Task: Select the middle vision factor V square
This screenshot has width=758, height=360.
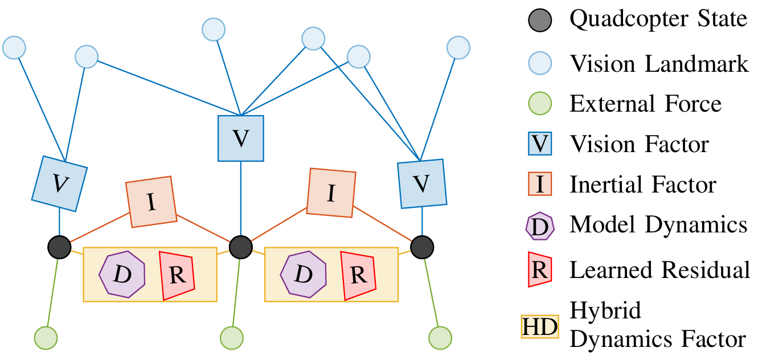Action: pyautogui.click(x=241, y=138)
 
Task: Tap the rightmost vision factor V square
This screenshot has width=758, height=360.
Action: pyautogui.click(x=421, y=183)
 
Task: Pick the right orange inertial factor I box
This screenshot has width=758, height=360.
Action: pyautogui.click(x=331, y=193)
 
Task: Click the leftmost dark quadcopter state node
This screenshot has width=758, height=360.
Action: pyautogui.click(x=59, y=247)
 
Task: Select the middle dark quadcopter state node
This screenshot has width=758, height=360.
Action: pyautogui.click(x=241, y=247)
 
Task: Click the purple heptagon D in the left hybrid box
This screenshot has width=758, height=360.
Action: pyautogui.click(x=122, y=273)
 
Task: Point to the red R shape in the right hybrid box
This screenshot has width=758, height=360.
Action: pyautogui.click(x=358, y=275)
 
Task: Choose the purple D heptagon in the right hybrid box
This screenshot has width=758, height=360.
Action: pyautogui.click(x=303, y=273)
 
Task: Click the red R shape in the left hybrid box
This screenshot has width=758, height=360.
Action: pyautogui.click(x=177, y=275)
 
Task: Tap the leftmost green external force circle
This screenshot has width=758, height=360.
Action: pyautogui.click(x=46, y=338)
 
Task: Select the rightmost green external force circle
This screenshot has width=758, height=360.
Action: pyautogui.click(x=440, y=338)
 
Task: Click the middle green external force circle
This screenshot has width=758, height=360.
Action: pyautogui.click(x=231, y=338)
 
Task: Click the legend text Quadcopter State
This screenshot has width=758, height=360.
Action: pyautogui.click(x=658, y=20)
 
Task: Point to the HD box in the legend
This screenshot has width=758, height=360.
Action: pyautogui.click(x=540, y=326)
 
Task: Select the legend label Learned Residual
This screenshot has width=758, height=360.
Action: pyautogui.click(x=660, y=270)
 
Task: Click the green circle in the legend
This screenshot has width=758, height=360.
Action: pyautogui.click(x=540, y=104)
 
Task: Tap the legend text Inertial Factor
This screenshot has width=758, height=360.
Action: pyautogui.click(x=643, y=185)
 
